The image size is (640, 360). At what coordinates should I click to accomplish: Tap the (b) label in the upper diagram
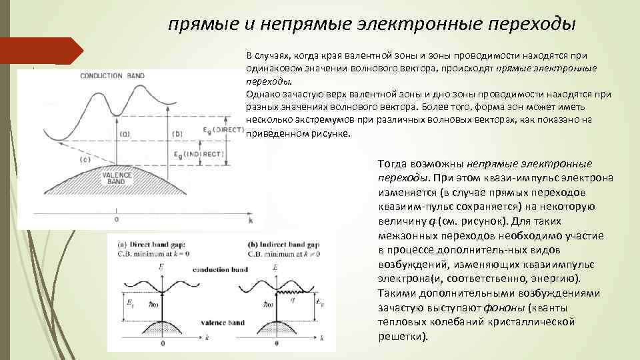click(177, 135)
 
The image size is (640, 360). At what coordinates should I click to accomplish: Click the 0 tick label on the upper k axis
click(117, 219)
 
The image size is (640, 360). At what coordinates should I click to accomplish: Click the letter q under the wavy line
click(292, 301)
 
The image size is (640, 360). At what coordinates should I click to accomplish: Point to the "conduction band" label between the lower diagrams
click(219, 270)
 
